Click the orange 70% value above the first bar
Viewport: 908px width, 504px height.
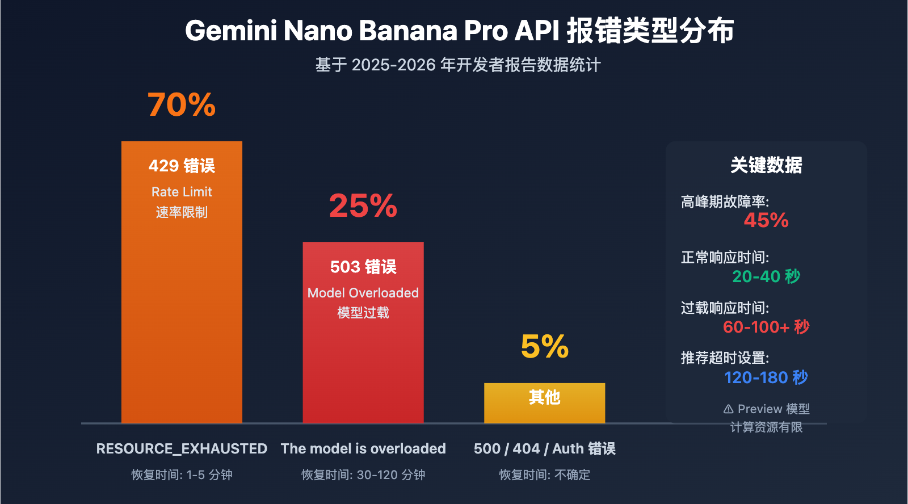(x=182, y=105)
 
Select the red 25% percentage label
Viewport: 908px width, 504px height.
(x=363, y=205)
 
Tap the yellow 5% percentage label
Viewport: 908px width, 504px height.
(x=544, y=346)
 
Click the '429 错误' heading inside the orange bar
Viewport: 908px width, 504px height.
(x=182, y=166)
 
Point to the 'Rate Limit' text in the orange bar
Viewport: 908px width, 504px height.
(x=182, y=192)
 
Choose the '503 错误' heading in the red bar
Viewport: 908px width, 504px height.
(x=363, y=267)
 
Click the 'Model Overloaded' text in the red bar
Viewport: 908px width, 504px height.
(x=363, y=293)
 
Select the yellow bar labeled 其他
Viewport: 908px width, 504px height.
(x=544, y=403)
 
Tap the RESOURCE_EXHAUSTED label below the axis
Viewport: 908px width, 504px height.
(x=182, y=448)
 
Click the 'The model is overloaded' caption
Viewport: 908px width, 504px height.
(x=363, y=448)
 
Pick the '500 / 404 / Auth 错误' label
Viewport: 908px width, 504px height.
(x=544, y=448)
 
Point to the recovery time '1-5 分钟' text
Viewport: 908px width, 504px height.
(x=209, y=474)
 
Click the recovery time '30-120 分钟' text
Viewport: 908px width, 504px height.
(x=390, y=474)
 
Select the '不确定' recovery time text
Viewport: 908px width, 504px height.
(x=572, y=474)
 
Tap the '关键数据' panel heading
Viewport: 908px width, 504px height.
(x=766, y=165)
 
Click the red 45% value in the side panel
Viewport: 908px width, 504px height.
(x=766, y=220)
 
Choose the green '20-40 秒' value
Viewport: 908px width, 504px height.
(x=766, y=276)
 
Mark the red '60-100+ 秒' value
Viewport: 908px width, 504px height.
(x=766, y=327)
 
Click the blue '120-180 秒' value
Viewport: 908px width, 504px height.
(x=766, y=377)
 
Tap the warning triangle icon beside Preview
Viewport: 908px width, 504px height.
(x=729, y=409)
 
